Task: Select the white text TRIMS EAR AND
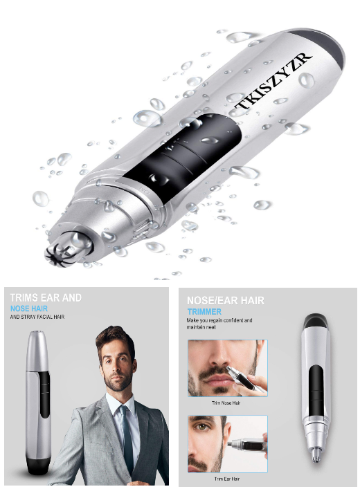pos(46,297)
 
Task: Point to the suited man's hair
pos(114,335)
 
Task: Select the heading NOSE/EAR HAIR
pos(226,300)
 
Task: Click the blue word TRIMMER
pos(205,311)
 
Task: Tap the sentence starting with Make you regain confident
pos(220,324)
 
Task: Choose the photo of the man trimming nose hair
pos(227,368)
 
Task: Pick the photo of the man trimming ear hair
pos(227,443)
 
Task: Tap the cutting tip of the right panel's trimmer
pos(317,452)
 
